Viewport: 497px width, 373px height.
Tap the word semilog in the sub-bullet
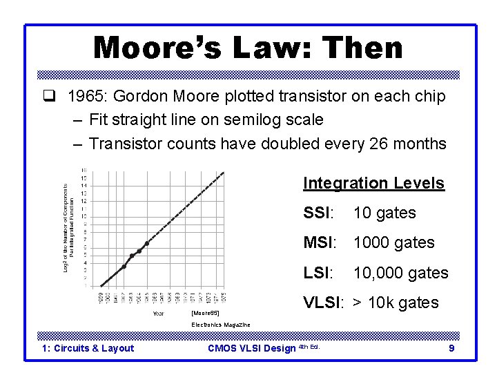[x=244, y=120]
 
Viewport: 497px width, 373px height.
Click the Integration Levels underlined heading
[x=373, y=184]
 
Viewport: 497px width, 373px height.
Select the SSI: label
[x=318, y=213]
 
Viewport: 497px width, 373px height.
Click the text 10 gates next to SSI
[x=384, y=213]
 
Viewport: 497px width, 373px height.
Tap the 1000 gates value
[x=394, y=243]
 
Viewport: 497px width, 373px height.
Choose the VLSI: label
[x=324, y=303]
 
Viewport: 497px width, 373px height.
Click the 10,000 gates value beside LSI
[x=400, y=274]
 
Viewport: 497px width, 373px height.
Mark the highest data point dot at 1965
[x=146, y=243]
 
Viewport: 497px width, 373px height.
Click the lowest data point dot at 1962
[x=124, y=266]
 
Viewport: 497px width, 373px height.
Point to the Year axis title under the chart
[x=158, y=313]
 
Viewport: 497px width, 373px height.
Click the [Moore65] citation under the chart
[x=204, y=312]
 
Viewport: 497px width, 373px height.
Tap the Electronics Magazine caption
[x=220, y=325]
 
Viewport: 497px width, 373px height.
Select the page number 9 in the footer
[x=451, y=349]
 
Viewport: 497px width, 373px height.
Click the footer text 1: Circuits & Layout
[x=88, y=349]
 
